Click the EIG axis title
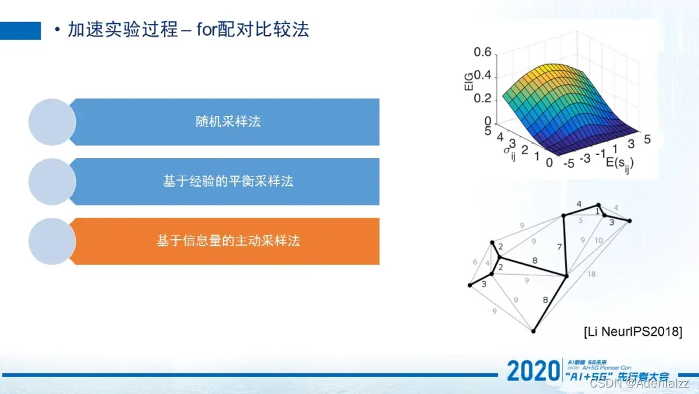(469, 87)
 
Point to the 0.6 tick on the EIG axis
(482, 52)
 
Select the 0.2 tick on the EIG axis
(482, 98)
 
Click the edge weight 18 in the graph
(592, 275)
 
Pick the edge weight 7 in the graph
(560, 246)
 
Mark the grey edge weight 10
(598, 240)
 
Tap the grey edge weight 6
(475, 262)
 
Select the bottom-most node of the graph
(533, 331)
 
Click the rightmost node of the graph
(629, 221)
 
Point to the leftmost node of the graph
(470, 285)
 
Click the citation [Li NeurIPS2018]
(632, 332)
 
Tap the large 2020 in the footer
(532, 371)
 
